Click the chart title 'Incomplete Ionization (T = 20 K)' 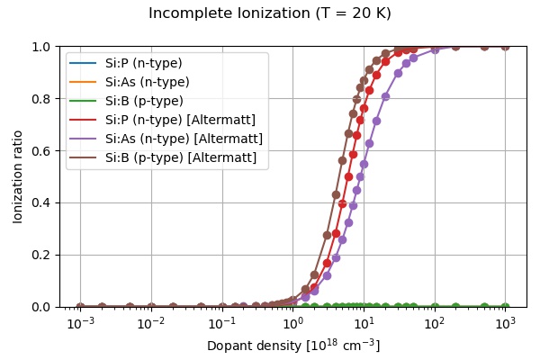coord(270,13)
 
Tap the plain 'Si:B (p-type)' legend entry coord(144,101)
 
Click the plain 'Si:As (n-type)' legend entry coord(147,82)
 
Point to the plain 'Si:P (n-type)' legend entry coord(144,63)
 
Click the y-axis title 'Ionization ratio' coord(18,175)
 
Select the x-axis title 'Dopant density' coord(293,346)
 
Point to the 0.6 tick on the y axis coord(44,150)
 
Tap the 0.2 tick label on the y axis coord(44,255)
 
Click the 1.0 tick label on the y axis coord(44,46)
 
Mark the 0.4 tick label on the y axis coord(44,202)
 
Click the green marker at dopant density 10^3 coord(505,307)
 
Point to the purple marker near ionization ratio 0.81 coord(385,96)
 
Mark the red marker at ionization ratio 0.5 coord(348,176)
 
